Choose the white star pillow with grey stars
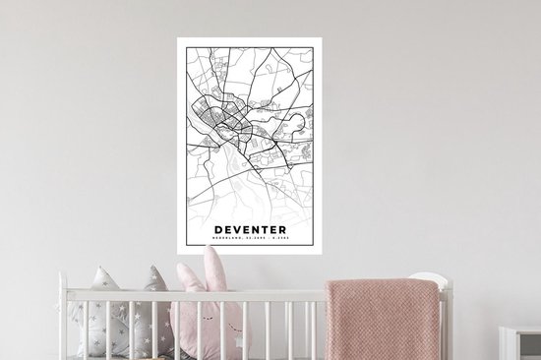click(x=108, y=315)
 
